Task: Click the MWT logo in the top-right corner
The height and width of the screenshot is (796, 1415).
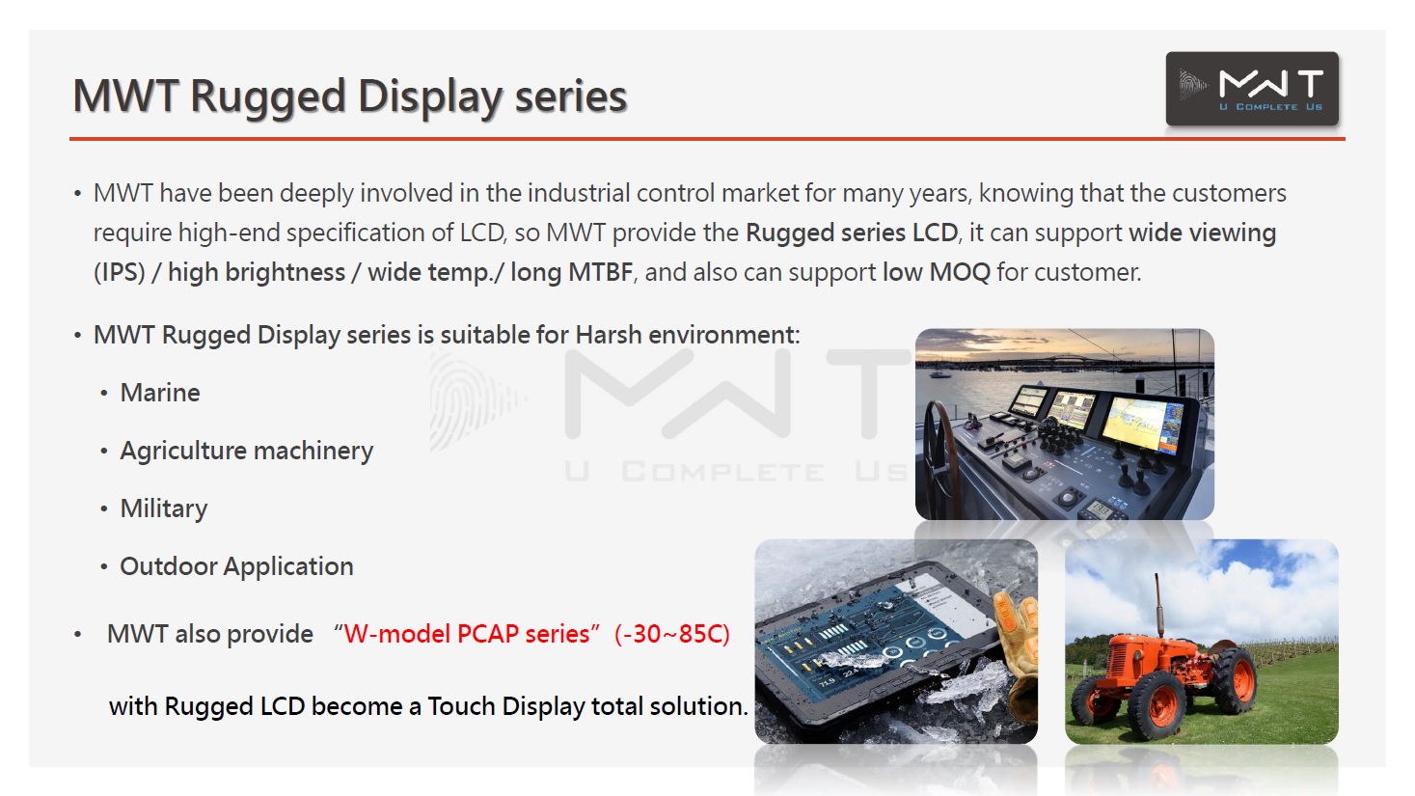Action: click(1252, 89)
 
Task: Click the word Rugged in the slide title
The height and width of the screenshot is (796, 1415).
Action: click(268, 97)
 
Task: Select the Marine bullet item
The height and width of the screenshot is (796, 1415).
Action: click(160, 393)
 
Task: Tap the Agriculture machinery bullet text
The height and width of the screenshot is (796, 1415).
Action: click(246, 452)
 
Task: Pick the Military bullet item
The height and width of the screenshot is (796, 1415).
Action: click(164, 508)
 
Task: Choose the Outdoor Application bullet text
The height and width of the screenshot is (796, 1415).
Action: click(237, 566)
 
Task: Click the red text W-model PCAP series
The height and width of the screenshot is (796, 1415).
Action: click(467, 634)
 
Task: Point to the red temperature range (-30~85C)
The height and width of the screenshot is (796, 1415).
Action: click(672, 634)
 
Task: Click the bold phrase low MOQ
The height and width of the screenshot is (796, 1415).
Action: click(937, 272)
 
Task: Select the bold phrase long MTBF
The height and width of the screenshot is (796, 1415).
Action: click(572, 272)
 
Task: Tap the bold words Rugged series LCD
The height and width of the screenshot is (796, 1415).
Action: click(852, 233)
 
